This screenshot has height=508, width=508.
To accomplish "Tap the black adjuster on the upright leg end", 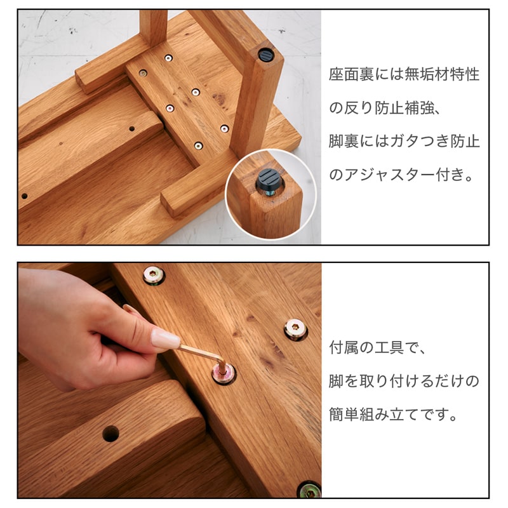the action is click(266, 55).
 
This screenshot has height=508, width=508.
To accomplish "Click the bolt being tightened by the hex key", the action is click(224, 374).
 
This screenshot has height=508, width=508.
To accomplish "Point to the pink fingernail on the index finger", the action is click(165, 339).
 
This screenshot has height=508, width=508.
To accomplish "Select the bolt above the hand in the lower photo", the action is click(154, 276).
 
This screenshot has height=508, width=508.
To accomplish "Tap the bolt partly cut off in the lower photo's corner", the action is click(309, 490).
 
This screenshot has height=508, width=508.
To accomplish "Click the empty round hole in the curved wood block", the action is click(110, 434).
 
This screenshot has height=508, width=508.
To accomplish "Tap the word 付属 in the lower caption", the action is click(344, 347).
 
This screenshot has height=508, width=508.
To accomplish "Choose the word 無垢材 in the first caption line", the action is click(427, 74).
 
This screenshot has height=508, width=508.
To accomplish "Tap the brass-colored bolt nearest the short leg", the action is click(143, 73).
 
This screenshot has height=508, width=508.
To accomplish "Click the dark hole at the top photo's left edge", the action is click(24, 196).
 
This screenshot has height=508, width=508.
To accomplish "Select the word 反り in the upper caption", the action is click(359, 108).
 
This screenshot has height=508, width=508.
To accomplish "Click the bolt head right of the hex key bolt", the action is click(295, 329).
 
